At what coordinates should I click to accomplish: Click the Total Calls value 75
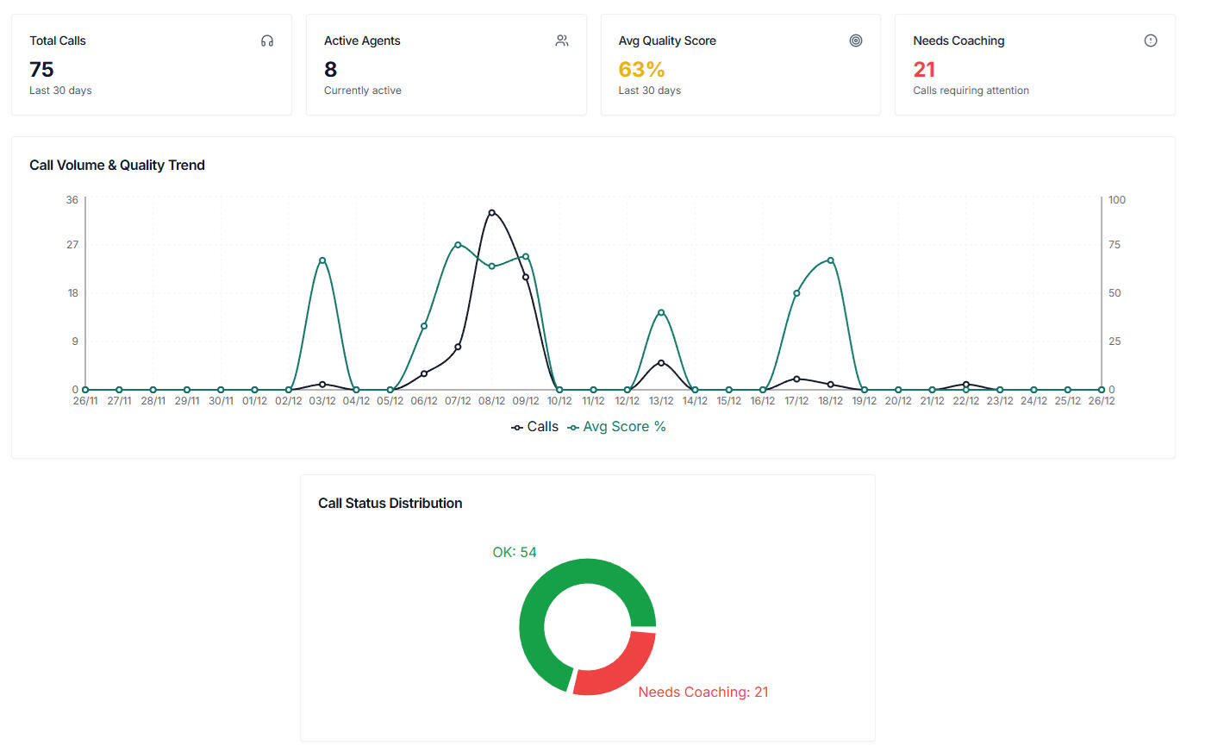41,69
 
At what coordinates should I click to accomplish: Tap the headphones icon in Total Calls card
267,41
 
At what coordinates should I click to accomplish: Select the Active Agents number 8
330,69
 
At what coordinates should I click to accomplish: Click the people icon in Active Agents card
562,41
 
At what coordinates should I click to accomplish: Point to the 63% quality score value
641,69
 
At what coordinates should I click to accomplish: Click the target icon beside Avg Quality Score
856,41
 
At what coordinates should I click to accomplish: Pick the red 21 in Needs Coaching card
924,69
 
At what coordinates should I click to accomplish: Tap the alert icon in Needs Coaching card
1151,41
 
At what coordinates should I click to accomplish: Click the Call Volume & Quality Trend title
117,165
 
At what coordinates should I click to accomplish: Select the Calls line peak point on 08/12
492,212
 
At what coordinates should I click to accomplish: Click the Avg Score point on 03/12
322,260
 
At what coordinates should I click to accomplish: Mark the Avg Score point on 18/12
831,260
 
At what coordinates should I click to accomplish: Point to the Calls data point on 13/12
661,363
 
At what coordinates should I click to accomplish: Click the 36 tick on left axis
72,200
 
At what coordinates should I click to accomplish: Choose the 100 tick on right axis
1117,200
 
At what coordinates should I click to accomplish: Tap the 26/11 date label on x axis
85,401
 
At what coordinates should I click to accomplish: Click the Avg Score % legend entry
616,427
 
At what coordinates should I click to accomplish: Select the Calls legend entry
535,427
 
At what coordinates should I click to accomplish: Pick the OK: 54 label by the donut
515,552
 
